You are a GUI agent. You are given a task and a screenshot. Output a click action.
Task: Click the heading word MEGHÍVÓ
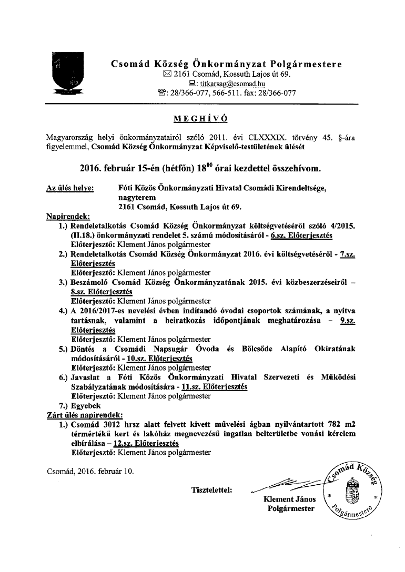pyautogui.click(x=202, y=119)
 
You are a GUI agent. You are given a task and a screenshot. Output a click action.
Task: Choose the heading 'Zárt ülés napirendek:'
pyautogui.click(x=85, y=415)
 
